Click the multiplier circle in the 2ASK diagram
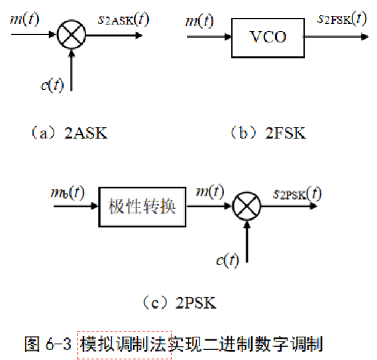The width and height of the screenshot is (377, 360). [x=70, y=35]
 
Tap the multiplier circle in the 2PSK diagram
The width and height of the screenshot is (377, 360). [x=246, y=209]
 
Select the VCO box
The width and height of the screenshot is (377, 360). [x=268, y=36]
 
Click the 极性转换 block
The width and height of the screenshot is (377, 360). [x=142, y=207]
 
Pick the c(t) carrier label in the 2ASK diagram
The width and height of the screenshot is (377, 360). [x=51, y=84]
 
